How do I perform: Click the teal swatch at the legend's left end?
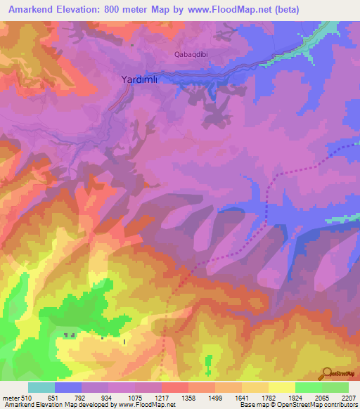pyautogui.click(x=41, y=387)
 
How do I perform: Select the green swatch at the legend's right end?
pyautogui.click(x=335, y=387)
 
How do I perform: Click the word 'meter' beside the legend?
pyautogui.click(x=8, y=397)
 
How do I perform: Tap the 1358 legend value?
pyautogui.click(x=187, y=397)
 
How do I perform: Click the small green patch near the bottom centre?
pyautogui.click(x=207, y=363)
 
